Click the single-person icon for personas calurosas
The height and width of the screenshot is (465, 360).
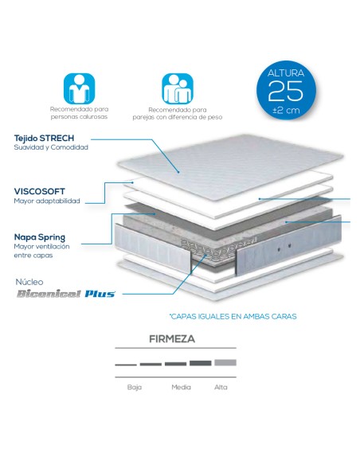pos(79,88)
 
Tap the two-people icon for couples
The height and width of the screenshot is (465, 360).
pos(178,88)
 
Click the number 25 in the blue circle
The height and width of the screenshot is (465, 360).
pos(286,91)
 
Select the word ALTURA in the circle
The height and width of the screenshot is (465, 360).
pos(286,73)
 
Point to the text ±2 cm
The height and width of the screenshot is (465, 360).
pos(286,111)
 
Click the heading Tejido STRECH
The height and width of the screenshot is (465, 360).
pos(44,138)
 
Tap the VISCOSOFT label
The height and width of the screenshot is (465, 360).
pos(40,191)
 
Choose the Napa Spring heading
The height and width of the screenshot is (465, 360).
pos(40,237)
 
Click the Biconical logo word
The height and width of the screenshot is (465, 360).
pos(49,294)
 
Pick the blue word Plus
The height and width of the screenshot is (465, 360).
pos(100,294)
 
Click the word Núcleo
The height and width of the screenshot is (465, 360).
pos(29,282)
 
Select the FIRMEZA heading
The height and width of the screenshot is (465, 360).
pos(172,339)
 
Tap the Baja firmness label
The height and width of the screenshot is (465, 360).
pos(135,387)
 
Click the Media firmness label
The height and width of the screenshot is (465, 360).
pos(181,387)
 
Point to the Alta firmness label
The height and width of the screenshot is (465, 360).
pos(221,387)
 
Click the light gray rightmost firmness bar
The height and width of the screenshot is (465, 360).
pos(225,362)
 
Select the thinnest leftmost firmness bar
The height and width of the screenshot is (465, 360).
pos(126,365)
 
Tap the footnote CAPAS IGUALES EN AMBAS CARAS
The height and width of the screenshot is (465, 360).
pos(233,316)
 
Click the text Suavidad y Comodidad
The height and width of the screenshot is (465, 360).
pos(51,147)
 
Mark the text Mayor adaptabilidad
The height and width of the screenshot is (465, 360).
pos(47,201)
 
